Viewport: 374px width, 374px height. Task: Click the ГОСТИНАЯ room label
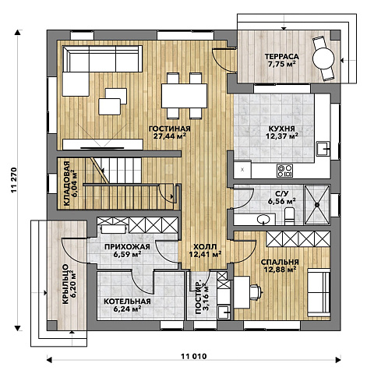click(170, 129)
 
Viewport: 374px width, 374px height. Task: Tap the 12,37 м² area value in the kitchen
click(282, 136)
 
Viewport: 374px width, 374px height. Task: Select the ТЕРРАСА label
click(281, 56)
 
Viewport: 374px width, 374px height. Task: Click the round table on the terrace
click(323, 58)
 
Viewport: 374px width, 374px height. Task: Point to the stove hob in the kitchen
click(284, 171)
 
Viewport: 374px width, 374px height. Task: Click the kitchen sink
click(323, 149)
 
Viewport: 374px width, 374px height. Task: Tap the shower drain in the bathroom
click(317, 205)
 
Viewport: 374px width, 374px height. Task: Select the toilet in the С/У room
click(289, 216)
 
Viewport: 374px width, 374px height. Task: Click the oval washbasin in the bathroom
click(263, 220)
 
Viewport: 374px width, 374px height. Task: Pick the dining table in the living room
click(184, 96)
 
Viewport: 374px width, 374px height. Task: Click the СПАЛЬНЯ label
click(280, 262)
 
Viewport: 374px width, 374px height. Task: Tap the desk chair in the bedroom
click(256, 292)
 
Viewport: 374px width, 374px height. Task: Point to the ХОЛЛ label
click(205, 246)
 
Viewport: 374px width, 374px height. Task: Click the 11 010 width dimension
click(194, 356)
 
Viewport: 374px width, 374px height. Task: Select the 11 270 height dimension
click(14, 180)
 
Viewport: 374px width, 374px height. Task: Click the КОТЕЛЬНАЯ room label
click(127, 302)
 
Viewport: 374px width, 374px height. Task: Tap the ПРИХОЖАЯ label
click(127, 246)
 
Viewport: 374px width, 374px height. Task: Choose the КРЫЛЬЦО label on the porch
click(65, 284)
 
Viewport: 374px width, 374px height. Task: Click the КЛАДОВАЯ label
click(67, 184)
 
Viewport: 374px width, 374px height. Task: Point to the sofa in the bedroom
click(319, 293)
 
